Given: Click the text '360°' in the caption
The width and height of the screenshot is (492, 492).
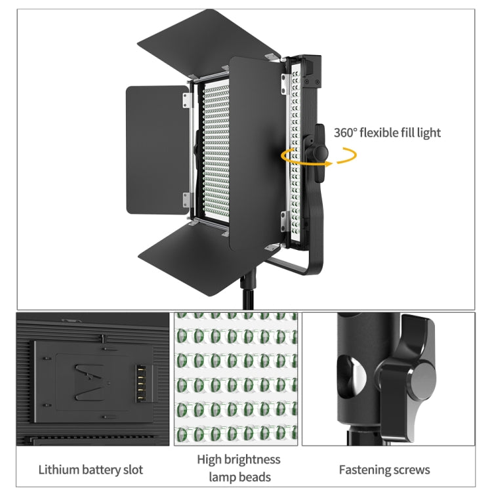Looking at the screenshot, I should click(x=347, y=133).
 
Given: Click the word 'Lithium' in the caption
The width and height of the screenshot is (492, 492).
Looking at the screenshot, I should click(x=59, y=470).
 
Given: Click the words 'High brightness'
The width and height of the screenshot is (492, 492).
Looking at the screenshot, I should click(x=238, y=459).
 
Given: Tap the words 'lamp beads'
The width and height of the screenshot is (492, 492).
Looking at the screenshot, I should click(x=238, y=478).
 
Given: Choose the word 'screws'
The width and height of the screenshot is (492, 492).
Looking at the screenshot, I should click(x=411, y=470).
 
